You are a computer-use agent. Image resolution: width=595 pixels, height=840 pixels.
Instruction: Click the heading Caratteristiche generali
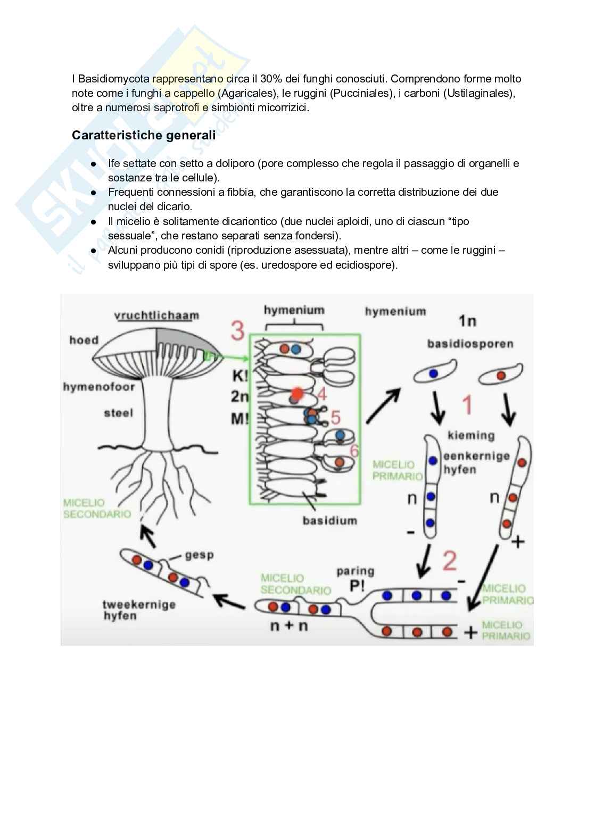pyautogui.click(x=144, y=135)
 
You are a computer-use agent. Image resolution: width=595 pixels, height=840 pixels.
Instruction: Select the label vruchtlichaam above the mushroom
pyautogui.click(x=156, y=315)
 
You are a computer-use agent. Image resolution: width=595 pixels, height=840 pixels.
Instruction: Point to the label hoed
pyautogui.click(x=84, y=340)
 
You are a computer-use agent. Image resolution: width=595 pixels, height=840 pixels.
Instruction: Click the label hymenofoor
pyautogui.click(x=99, y=387)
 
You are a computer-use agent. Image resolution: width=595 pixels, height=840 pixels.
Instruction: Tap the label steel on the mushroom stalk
pyautogui.click(x=119, y=413)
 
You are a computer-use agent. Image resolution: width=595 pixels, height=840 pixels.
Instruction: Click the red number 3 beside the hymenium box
pyautogui.click(x=237, y=331)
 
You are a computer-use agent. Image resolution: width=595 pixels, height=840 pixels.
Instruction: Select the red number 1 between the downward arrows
pyautogui.click(x=467, y=405)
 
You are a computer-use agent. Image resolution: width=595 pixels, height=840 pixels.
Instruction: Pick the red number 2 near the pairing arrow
pyautogui.click(x=450, y=561)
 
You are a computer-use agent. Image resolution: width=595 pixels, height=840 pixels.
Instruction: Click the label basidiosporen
pyautogui.click(x=470, y=344)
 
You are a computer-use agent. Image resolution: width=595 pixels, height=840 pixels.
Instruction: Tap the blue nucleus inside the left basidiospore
pyautogui.click(x=433, y=373)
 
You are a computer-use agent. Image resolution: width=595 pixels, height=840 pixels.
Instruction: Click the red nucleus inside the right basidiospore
pyautogui.click(x=501, y=376)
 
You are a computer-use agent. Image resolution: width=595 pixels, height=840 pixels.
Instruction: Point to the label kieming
pyautogui.click(x=471, y=436)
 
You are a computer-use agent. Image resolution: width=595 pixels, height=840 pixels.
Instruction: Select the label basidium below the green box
pyautogui.click(x=329, y=520)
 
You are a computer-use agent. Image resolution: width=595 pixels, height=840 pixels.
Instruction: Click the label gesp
pyautogui.click(x=199, y=555)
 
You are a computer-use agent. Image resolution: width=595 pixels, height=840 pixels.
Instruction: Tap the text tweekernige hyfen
pyautogui.click(x=138, y=610)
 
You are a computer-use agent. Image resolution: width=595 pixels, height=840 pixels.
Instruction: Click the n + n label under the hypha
pyautogui.click(x=289, y=626)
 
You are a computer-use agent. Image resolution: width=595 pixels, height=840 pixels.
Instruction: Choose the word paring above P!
pyautogui.click(x=355, y=571)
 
